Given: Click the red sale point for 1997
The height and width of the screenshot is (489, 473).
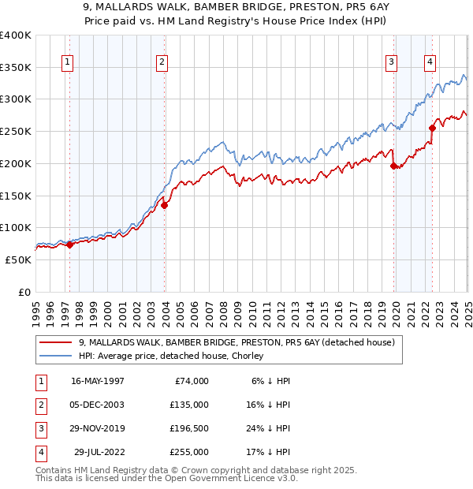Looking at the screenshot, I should [69, 244].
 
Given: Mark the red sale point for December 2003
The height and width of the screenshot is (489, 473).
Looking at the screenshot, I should [164, 205].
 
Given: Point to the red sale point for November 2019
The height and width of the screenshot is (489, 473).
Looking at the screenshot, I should [393, 166].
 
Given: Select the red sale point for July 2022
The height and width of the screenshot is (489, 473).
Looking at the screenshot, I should [432, 129].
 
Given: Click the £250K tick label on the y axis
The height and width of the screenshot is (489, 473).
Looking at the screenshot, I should [16, 132].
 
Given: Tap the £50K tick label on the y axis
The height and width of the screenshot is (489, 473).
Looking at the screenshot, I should [18, 259].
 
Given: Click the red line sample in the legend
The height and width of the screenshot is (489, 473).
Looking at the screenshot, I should [57, 342].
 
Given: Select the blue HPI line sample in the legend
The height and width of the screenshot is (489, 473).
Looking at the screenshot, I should [57, 356].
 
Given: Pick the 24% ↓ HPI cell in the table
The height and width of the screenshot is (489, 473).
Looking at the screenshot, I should [274, 428].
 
